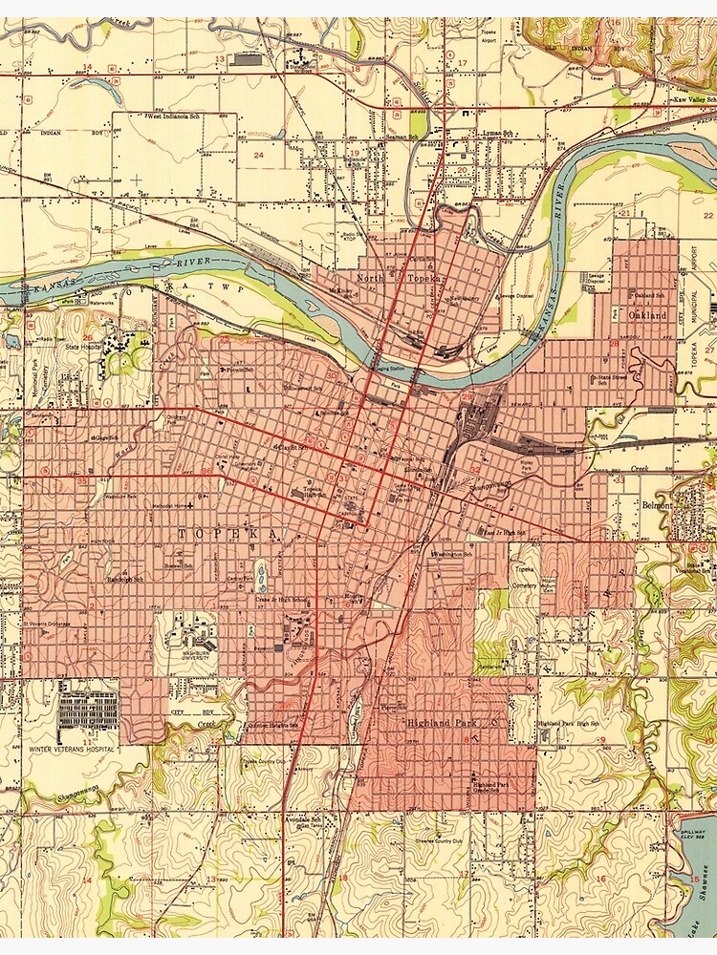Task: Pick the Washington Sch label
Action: tap(453, 554)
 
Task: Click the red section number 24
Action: tap(258, 154)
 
